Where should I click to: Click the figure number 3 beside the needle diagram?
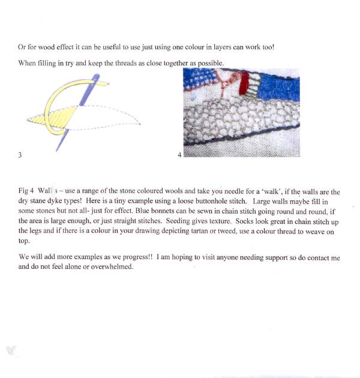click(x=20, y=155)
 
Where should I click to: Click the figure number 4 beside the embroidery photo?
click(x=179, y=155)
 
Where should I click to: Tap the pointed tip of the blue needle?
click(x=58, y=149)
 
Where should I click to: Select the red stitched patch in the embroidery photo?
click(x=244, y=85)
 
